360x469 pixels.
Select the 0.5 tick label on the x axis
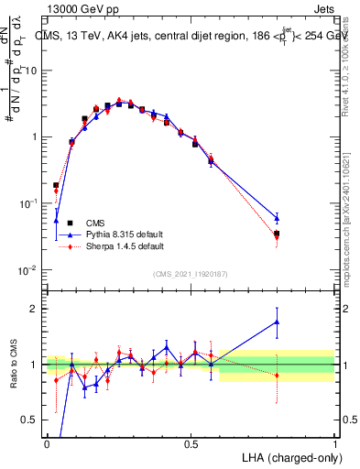click(x=191, y=444)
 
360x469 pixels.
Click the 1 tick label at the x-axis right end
click(x=335, y=444)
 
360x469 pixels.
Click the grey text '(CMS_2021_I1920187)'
click(x=189, y=274)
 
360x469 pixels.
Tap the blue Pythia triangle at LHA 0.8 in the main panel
click(x=277, y=218)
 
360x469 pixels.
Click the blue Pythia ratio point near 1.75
click(x=277, y=322)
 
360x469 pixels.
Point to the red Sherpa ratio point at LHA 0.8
click(x=277, y=376)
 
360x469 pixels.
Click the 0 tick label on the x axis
click(x=47, y=444)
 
